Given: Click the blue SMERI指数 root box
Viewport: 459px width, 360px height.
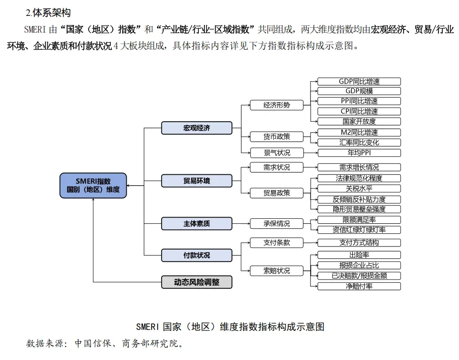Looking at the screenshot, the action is click(93, 186).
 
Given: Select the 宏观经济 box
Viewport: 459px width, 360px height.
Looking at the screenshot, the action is click(197, 128).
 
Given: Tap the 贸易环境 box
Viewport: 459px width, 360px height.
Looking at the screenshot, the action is click(197, 181).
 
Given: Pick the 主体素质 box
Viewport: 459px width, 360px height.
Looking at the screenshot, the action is click(197, 224).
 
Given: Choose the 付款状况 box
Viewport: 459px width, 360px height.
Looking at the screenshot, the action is click(197, 255).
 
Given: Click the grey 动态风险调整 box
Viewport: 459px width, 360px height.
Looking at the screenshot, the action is click(197, 282).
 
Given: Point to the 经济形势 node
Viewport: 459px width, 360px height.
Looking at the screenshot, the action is click(276, 105).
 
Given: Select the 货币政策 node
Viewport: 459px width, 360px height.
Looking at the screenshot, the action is click(276, 137).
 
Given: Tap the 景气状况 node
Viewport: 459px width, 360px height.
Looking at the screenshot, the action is click(276, 153).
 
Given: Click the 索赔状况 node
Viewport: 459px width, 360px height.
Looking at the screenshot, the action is click(276, 271).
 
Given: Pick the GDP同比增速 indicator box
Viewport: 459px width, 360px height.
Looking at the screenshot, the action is click(359, 81).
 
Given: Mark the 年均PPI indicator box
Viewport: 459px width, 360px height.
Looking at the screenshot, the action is click(359, 153).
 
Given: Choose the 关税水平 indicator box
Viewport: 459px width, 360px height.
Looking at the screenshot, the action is click(359, 188).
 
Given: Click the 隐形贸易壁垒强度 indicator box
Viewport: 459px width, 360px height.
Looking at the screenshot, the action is click(359, 209).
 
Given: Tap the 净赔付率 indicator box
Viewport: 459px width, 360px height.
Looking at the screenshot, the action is click(359, 286).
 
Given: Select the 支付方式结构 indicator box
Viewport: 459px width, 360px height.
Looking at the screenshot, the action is click(359, 242).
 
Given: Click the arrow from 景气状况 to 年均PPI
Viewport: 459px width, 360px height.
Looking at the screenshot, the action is click(311, 153).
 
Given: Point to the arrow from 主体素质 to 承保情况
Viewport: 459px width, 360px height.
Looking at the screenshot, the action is click(241, 224).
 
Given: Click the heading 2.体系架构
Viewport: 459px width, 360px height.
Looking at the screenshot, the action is click(48, 13).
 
